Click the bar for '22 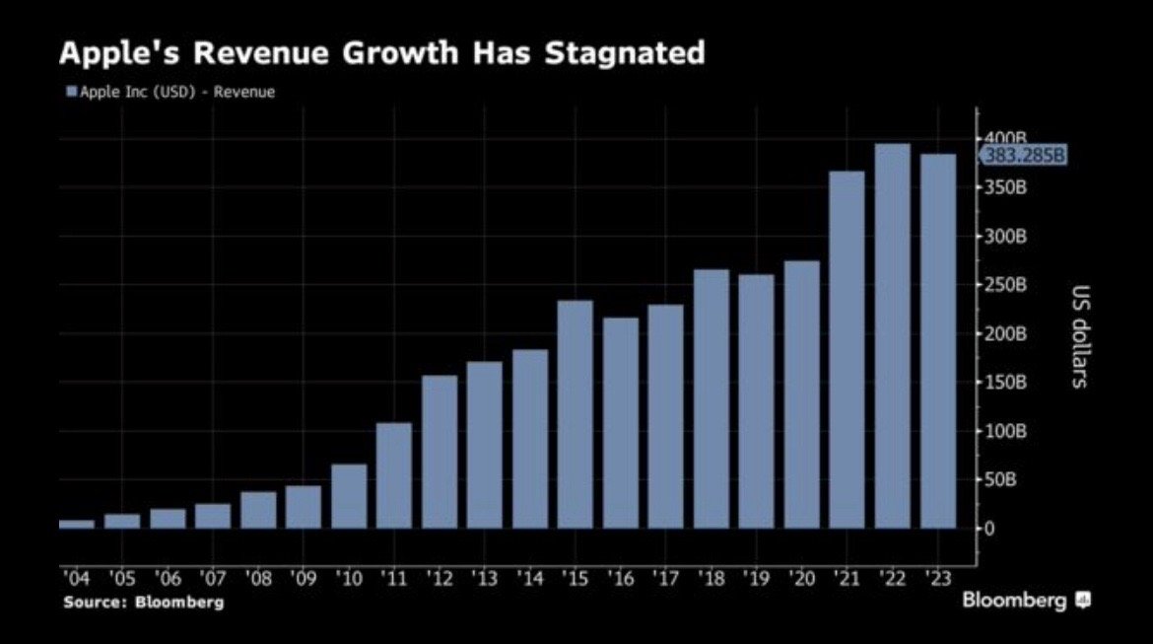892,336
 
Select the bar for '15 576,414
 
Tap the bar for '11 394,475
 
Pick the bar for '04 77,524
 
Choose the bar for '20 801,394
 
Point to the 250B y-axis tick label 1006,285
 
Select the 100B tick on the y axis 1006,431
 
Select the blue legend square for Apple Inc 71,92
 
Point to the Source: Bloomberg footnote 144,601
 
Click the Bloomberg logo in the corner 1026,600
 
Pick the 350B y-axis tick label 1006,187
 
